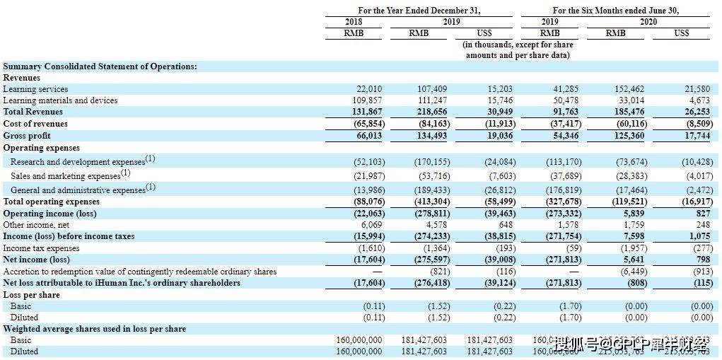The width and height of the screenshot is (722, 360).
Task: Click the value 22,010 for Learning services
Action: click(x=368, y=89)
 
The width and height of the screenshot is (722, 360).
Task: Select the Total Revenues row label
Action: click(x=33, y=112)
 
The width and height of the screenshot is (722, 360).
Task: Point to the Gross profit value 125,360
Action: click(x=624, y=136)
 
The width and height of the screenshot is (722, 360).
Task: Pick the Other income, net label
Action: click(x=33, y=225)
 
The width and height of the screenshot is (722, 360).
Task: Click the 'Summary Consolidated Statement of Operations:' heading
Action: click(x=100, y=66)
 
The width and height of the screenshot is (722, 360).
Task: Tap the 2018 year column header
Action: click(x=354, y=22)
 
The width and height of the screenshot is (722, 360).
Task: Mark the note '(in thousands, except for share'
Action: click(x=518, y=45)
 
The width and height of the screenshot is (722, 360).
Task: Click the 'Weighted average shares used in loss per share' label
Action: click(x=95, y=329)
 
